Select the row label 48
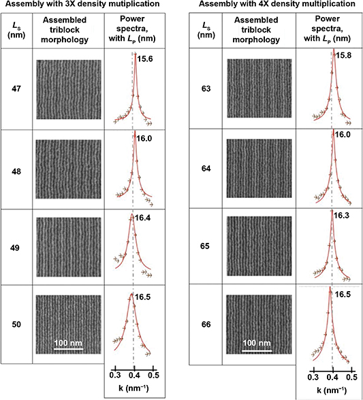[16, 165]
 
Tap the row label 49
[16, 243]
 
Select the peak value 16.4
[144, 218]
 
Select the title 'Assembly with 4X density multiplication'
[275, 5]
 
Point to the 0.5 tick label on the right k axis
[352, 375]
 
